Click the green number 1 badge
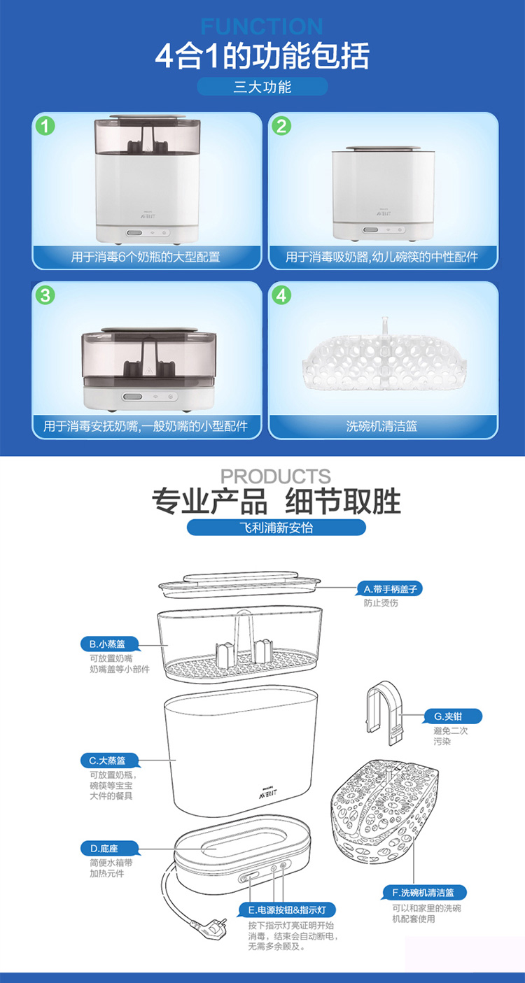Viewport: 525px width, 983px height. click(x=45, y=126)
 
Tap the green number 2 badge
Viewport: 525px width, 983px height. click(x=281, y=126)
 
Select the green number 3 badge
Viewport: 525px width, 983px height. click(x=45, y=295)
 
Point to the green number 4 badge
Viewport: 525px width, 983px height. click(x=281, y=295)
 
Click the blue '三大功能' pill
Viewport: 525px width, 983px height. click(x=262, y=87)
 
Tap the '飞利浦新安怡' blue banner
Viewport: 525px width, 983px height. click(x=276, y=527)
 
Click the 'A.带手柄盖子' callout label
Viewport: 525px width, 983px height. click(x=389, y=589)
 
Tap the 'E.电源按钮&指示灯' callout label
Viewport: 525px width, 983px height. click(x=287, y=910)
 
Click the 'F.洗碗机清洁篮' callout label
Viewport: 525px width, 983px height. click(x=423, y=893)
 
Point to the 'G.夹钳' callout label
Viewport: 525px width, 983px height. click(x=452, y=716)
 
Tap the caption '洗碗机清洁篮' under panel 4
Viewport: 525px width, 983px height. click(x=382, y=426)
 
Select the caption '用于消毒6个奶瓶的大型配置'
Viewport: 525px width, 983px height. click(x=146, y=257)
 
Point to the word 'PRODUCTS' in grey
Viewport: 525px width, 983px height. click(x=275, y=476)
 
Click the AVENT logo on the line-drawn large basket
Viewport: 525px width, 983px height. click(x=267, y=792)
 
